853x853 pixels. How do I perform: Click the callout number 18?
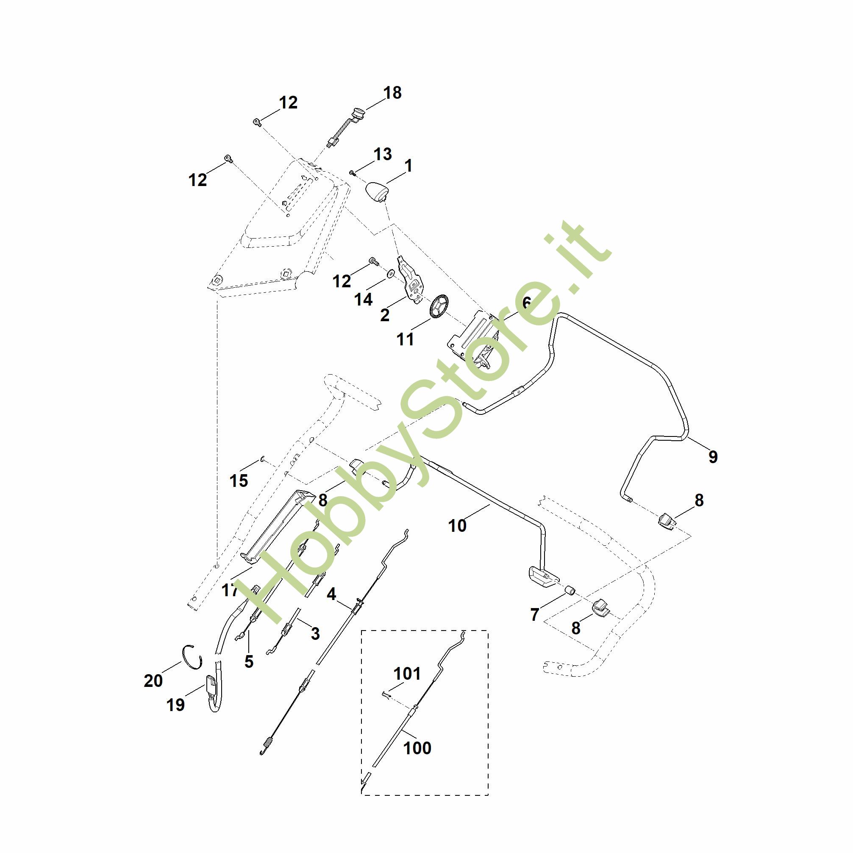click(392, 93)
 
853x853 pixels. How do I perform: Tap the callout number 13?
click(382, 154)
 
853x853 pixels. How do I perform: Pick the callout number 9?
click(713, 456)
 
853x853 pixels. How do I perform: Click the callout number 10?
click(457, 526)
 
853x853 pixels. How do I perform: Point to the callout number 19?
click(175, 704)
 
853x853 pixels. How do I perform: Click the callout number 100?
click(417, 748)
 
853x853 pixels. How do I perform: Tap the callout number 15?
click(239, 481)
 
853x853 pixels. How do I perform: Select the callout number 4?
click(331, 594)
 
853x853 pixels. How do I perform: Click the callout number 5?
click(249, 661)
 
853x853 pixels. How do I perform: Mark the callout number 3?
click(315, 633)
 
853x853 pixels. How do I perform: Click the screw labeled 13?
click(352, 172)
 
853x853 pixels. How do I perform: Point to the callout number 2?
click(385, 315)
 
